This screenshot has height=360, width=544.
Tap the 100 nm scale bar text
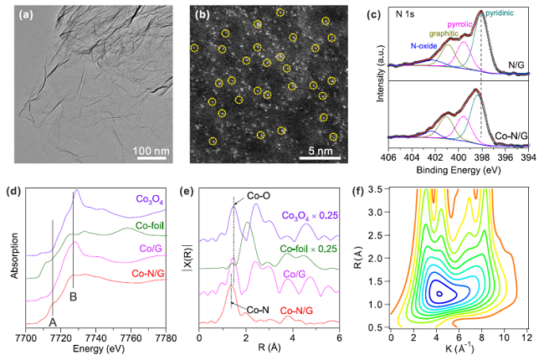pos(150,152)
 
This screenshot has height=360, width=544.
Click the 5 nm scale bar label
pos(328,152)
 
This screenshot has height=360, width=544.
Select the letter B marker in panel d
pos(74,295)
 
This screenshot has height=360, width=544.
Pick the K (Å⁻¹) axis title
pos(459,348)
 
